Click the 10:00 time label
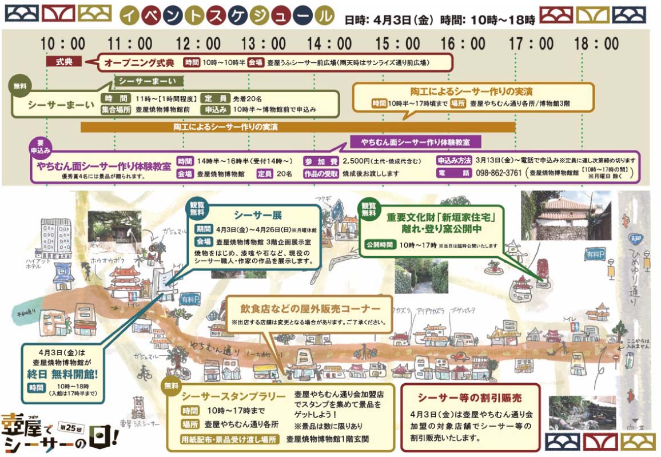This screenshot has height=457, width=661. pos(63,43)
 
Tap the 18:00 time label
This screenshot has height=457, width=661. pos(596,43)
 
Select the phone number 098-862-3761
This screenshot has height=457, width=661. pos(498,173)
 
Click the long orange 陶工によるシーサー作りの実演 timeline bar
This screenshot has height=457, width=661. pos(297,126)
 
